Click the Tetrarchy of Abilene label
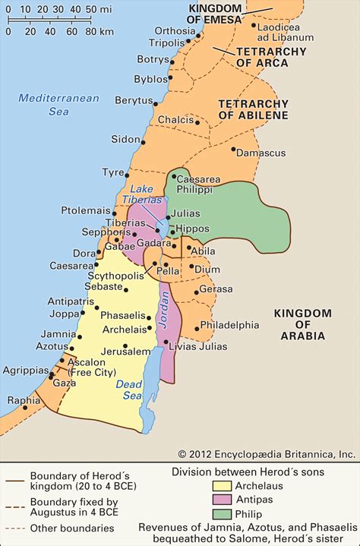pyautogui.click(x=253, y=109)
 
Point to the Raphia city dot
pyautogui.click(x=24, y=407)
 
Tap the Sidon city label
pyautogui.click(x=125, y=140)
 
